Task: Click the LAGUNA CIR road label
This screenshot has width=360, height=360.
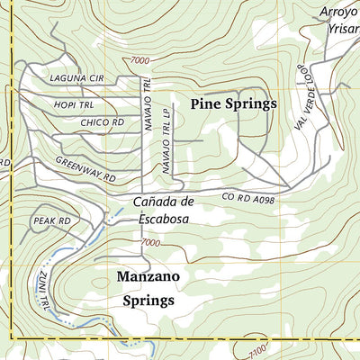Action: pos(77,79)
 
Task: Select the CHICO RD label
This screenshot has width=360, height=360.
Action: pos(101,121)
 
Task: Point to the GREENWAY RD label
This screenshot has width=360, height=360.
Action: pos(85,169)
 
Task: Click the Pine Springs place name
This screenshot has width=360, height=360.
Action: pos(234,104)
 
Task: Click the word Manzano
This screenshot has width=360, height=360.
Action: pos(148,277)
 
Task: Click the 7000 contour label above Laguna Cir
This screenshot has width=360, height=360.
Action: pos(139,59)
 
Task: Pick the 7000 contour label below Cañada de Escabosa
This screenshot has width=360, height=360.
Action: pos(150,243)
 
